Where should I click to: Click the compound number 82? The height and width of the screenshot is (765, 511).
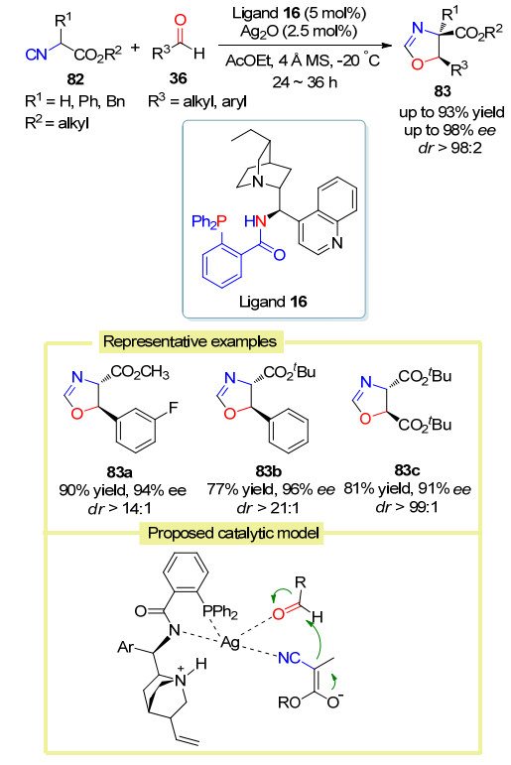pyautogui.click(x=75, y=79)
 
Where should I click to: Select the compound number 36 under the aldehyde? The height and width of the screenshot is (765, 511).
pyautogui.click(x=179, y=78)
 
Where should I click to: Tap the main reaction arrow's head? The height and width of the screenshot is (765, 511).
pyautogui.click(x=388, y=46)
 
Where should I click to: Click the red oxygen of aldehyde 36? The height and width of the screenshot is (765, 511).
pyautogui.click(x=181, y=20)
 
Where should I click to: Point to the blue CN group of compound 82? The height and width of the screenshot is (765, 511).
pyautogui.click(x=36, y=55)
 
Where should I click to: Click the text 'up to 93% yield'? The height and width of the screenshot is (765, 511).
pyautogui.click(x=451, y=112)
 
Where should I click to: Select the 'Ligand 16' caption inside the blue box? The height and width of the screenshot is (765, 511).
pyautogui.click(x=273, y=302)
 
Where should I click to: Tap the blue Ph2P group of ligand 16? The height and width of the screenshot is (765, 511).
pyautogui.click(x=209, y=222)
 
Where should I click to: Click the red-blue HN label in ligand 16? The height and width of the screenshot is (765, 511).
pyautogui.click(x=255, y=222)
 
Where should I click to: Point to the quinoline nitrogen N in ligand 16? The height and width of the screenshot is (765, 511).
pyautogui.click(x=336, y=242)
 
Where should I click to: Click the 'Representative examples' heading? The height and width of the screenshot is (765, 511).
pyautogui.click(x=190, y=341)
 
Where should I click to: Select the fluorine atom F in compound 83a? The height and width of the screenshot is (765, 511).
pyautogui.click(x=174, y=408)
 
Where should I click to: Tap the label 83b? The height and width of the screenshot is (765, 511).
pyautogui.click(x=269, y=470)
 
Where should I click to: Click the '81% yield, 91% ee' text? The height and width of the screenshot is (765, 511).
pyautogui.click(x=407, y=489)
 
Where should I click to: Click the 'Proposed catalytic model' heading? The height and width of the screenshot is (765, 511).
pyautogui.click(x=233, y=533)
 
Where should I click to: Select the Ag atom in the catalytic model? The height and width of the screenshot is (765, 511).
pyautogui.click(x=230, y=642)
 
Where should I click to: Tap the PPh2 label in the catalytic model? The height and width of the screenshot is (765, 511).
pyautogui.click(x=219, y=611)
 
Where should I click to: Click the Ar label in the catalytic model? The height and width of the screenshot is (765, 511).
pyautogui.click(x=126, y=647)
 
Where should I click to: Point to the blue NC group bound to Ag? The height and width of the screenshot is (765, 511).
pyautogui.click(x=289, y=658)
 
